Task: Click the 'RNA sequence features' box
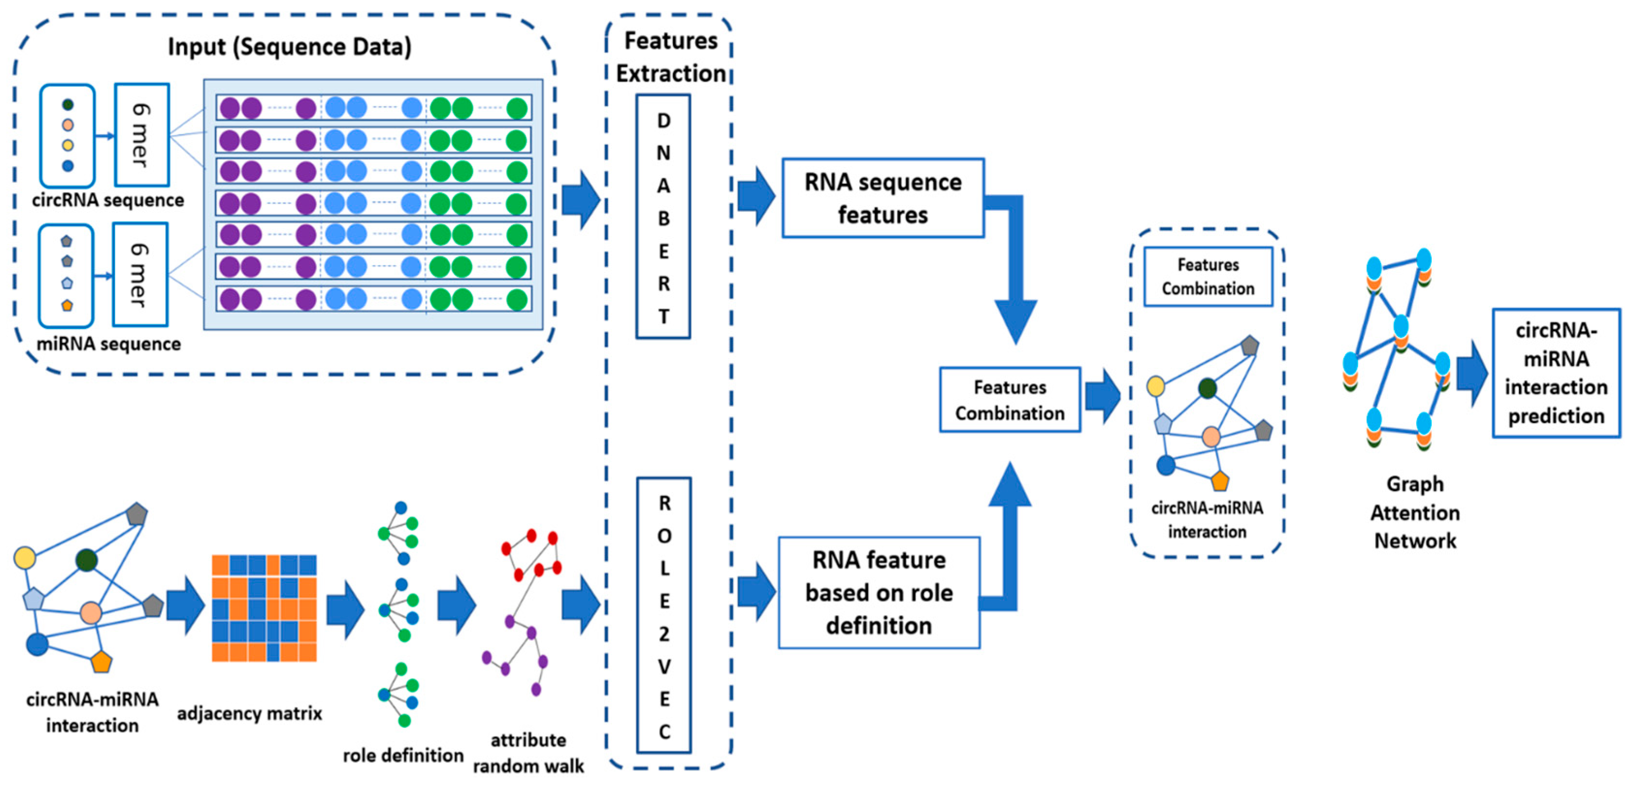(883, 198)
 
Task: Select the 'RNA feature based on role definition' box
(879, 592)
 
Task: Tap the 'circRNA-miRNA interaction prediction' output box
(1556, 373)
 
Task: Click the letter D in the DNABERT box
(663, 121)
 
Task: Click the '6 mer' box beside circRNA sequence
(142, 135)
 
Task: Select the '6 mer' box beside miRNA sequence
(140, 274)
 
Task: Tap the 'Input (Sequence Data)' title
(289, 47)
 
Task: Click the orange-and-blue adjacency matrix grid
(264, 608)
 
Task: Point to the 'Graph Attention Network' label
(1415, 512)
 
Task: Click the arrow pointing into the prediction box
(1472, 373)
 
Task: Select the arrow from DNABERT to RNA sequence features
(756, 197)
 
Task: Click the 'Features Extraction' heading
(671, 57)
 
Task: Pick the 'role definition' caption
(403, 755)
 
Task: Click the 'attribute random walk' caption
(528, 753)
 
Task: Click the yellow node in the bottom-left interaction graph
(25, 557)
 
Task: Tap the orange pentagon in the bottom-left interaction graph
(101, 662)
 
